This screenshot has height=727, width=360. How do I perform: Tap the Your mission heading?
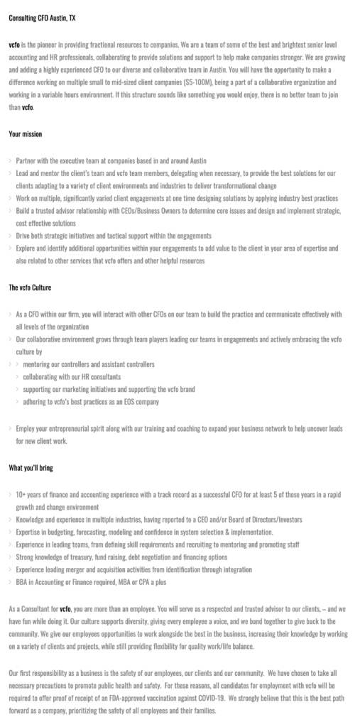(25, 133)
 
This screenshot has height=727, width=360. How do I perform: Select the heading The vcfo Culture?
(30, 288)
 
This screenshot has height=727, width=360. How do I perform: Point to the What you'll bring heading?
(31, 468)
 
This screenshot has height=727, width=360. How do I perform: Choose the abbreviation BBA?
(22, 581)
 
